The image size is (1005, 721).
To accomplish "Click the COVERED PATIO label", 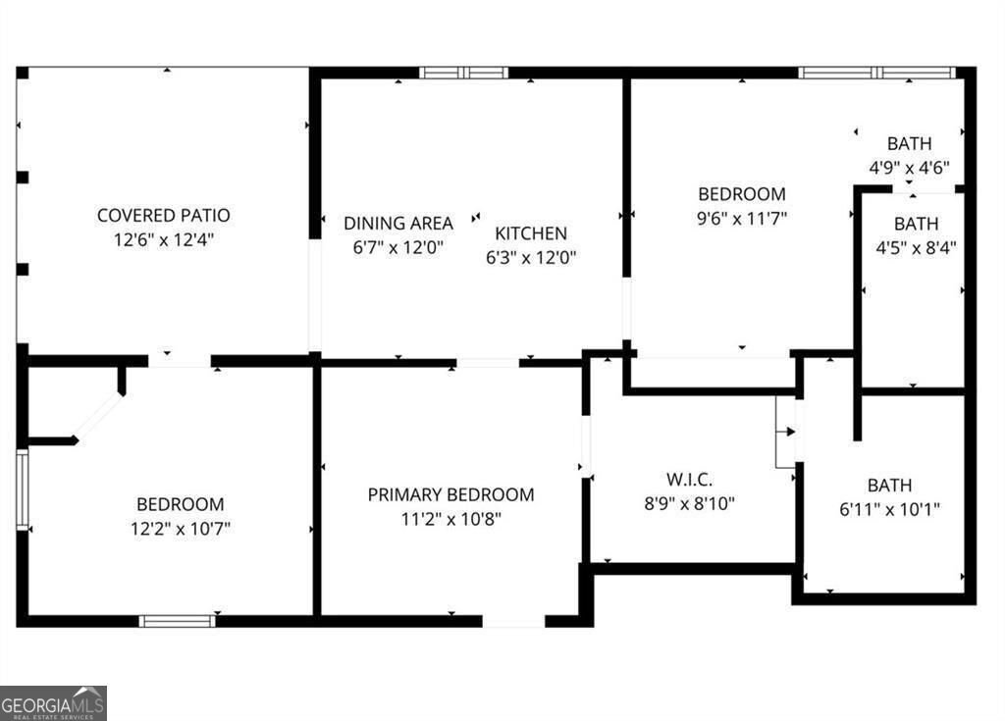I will click(x=163, y=215).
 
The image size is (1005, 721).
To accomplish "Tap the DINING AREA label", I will click(x=397, y=223).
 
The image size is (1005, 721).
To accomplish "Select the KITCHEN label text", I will click(x=530, y=233).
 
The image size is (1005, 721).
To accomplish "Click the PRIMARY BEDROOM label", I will click(x=450, y=494).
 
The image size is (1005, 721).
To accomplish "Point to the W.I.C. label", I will click(x=689, y=480).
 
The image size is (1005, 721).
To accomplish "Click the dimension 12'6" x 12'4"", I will click(x=163, y=238).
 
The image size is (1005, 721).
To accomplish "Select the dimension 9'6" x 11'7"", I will click(x=741, y=218).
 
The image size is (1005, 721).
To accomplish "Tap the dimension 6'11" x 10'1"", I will click(x=889, y=508).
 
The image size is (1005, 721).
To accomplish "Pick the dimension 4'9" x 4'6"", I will click(x=909, y=167).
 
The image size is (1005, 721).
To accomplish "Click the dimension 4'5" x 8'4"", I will click(x=916, y=247).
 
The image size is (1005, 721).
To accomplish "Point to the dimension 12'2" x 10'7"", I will click(x=180, y=529).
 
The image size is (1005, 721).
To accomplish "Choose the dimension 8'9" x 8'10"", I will click(x=689, y=504).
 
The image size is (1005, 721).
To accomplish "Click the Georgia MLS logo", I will click(x=53, y=703).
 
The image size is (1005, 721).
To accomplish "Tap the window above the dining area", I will click(x=463, y=73).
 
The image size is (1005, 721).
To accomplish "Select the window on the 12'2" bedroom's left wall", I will click(x=23, y=490).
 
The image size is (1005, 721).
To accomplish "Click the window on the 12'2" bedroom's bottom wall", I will click(x=177, y=620).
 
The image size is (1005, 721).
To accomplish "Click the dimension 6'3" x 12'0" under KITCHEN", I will click(x=530, y=258).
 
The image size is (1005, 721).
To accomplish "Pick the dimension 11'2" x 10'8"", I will click(x=450, y=519).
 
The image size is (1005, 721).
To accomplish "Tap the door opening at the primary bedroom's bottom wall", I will click(x=513, y=621).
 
